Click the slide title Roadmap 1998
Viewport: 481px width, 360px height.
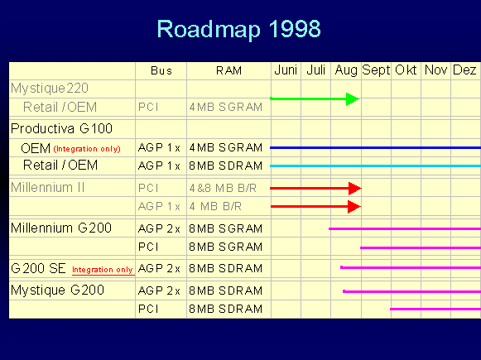point(238,29)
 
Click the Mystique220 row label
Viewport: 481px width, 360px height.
point(50,87)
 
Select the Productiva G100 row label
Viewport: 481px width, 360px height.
point(61,128)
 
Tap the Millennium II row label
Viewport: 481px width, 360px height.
point(49,187)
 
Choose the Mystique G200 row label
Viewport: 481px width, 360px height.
point(57,290)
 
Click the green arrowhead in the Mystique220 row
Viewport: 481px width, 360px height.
point(352,99)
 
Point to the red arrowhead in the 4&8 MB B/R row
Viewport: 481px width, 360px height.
point(354,188)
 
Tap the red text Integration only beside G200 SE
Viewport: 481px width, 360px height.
point(102,270)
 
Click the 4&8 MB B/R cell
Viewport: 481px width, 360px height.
point(221,188)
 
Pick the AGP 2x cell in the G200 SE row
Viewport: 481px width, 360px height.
point(161,268)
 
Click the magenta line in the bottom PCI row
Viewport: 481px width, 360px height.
point(435,309)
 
